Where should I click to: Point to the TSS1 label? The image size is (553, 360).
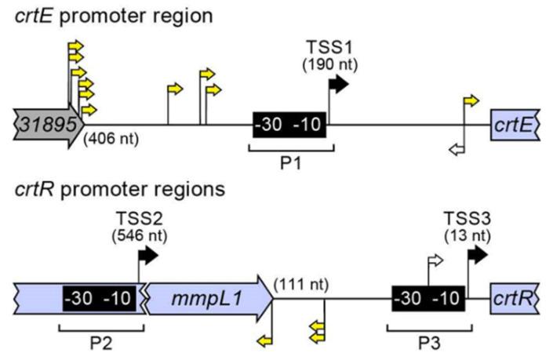328,48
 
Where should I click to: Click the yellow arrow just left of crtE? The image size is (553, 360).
471,100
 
